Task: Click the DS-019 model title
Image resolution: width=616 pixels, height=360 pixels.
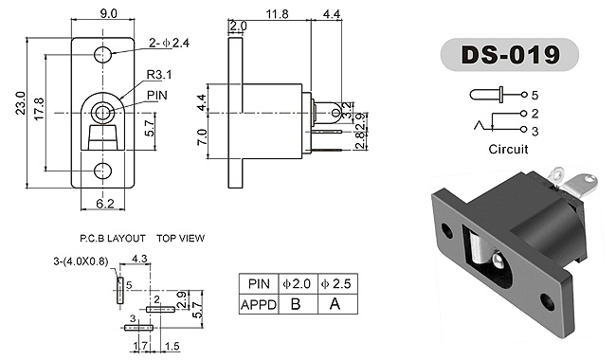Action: (x=510, y=55)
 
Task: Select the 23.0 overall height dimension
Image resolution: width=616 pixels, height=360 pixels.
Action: (x=21, y=103)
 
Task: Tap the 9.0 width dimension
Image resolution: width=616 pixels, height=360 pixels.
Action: (x=108, y=13)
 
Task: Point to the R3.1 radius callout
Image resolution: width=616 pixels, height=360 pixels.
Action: (x=159, y=74)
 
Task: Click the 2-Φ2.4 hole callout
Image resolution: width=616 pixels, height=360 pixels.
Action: (x=169, y=43)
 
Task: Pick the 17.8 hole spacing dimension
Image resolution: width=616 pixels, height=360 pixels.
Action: (x=39, y=109)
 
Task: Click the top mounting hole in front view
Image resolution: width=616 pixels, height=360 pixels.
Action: (x=103, y=55)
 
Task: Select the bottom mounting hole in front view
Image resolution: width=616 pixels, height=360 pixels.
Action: (x=103, y=171)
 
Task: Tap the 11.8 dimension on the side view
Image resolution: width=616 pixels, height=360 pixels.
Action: (x=277, y=14)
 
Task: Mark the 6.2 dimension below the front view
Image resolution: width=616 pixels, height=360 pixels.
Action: (x=105, y=204)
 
